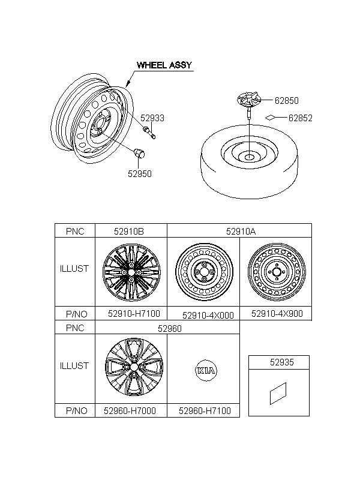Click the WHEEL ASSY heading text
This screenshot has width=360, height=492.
click(x=164, y=65)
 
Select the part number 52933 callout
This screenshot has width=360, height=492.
click(x=152, y=118)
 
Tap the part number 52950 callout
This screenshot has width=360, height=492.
click(x=140, y=174)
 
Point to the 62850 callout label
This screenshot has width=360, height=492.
click(x=287, y=100)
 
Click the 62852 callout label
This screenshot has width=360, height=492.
click(x=301, y=118)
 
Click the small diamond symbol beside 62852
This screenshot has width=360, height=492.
click(x=270, y=118)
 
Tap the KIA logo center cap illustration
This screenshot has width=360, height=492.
click(x=206, y=371)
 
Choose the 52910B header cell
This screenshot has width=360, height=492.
click(x=131, y=231)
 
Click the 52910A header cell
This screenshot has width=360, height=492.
click(x=239, y=231)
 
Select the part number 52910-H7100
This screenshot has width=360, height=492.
click(x=134, y=314)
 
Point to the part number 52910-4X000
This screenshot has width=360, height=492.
click(x=208, y=316)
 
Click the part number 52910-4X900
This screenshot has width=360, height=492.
click(x=277, y=314)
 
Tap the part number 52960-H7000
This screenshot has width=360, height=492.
click(x=130, y=411)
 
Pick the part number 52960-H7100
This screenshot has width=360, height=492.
click(x=205, y=411)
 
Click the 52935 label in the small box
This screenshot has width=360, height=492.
click(x=282, y=362)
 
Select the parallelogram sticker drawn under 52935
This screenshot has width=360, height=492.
click(x=278, y=394)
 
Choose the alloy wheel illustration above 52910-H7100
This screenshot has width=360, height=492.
click(x=131, y=272)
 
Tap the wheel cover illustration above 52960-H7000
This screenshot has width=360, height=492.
click(x=134, y=367)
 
